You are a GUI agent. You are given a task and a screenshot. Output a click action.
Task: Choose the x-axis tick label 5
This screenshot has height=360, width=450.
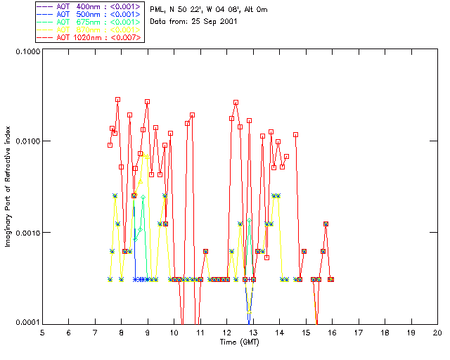[42, 332]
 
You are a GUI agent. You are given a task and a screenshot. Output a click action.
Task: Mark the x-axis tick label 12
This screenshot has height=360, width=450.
[226, 332]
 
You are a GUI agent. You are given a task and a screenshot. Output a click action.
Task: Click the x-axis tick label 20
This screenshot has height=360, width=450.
[437, 332]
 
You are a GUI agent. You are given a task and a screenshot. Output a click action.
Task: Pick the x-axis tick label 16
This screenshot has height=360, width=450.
[332, 332]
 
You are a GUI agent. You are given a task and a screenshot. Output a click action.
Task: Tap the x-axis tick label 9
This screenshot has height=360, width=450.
[148, 332]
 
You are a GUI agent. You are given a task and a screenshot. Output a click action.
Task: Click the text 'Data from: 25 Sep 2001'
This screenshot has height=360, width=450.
[193, 22]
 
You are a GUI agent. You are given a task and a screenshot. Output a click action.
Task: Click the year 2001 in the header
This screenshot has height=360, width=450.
[227, 22]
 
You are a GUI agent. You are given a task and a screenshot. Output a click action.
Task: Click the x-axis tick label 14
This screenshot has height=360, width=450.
[279, 332]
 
